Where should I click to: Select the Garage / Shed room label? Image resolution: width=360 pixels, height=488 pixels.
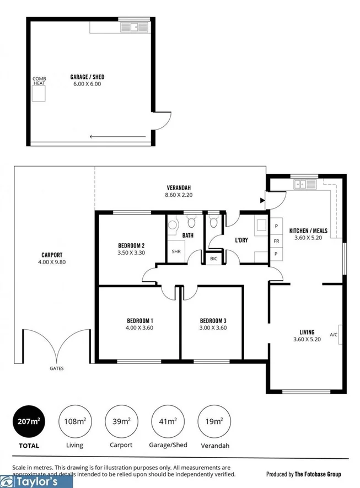[87, 77]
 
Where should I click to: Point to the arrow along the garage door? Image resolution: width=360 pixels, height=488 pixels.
[118, 137]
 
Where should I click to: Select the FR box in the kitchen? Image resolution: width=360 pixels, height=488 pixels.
[276, 241]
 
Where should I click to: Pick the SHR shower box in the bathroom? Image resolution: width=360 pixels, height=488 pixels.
[176, 251]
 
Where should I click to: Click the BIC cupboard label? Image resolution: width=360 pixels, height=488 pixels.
[213, 259]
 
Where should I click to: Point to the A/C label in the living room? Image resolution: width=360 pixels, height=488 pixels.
[334, 335]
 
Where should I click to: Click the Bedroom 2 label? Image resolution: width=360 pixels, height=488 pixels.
[131, 246]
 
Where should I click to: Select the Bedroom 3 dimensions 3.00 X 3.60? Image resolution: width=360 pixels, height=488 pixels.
[213, 328]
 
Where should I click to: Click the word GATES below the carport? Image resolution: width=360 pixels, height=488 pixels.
[56, 368]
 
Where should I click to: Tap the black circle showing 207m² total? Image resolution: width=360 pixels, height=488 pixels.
[29, 422]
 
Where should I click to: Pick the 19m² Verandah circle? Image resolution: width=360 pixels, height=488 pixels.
[213, 422]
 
